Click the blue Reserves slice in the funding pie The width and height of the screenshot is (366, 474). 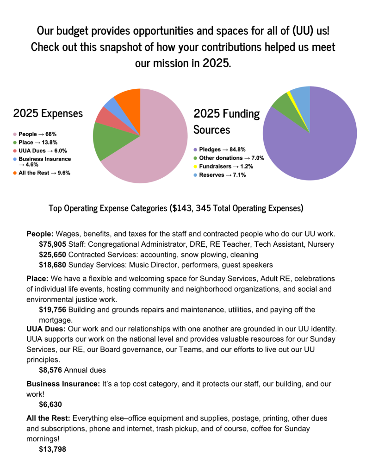pos(301,95)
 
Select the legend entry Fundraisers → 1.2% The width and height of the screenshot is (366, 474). pos(222,166)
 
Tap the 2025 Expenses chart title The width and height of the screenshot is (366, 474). pos(48,113)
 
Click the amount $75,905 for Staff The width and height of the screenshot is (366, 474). pos(52,244)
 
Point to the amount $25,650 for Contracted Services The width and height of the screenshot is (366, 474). pos(52,255)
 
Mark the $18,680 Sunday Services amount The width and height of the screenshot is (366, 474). pos(52,265)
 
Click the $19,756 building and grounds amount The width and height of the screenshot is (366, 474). pos(52,309)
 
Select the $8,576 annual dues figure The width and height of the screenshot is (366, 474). pos(50,370)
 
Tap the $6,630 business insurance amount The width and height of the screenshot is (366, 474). pos(50,404)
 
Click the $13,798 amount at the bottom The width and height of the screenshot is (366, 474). pos(52,449)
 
